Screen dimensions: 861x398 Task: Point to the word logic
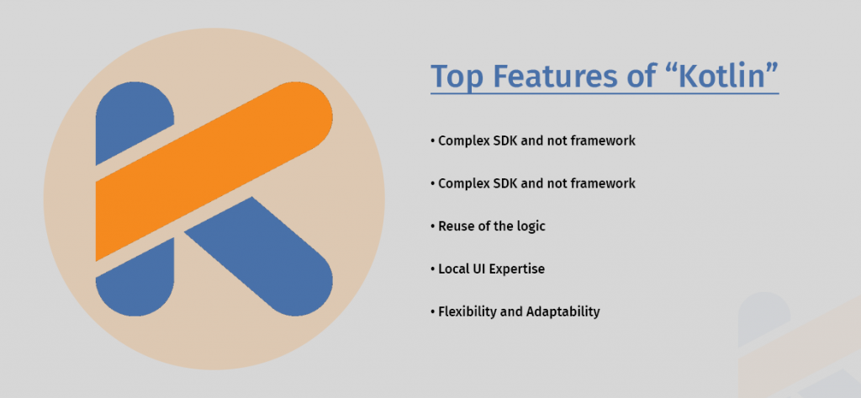(x=531, y=226)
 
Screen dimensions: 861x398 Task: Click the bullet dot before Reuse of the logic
(x=433, y=226)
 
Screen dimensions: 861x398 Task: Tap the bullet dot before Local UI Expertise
(x=433, y=269)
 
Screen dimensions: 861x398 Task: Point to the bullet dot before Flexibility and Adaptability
(x=433, y=312)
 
